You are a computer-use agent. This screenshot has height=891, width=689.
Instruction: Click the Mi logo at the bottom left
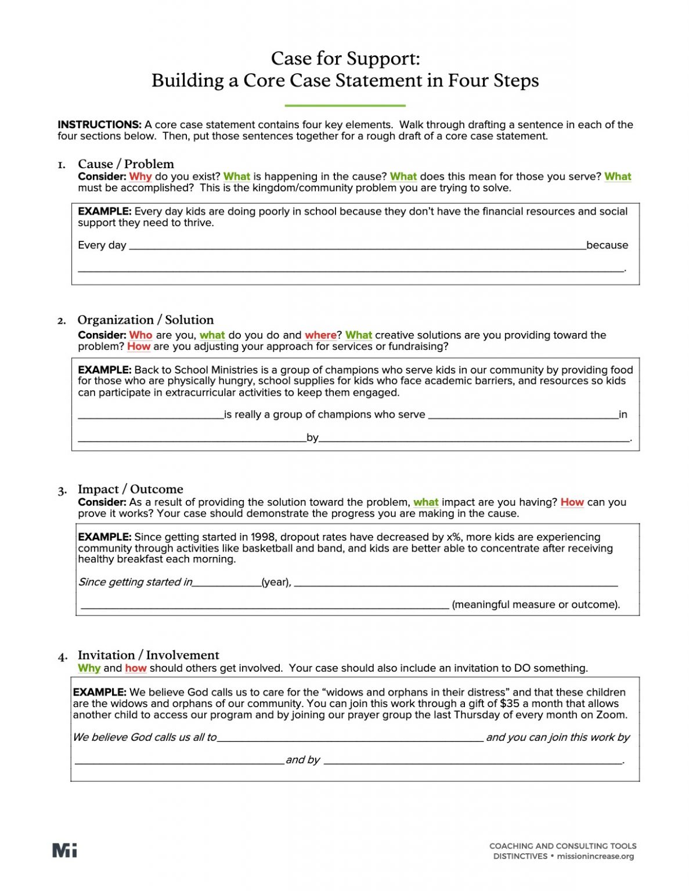coord(64,850)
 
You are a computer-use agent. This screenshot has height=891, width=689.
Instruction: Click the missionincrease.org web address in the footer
coord(595,856)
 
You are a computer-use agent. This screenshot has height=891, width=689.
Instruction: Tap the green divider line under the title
coord(345,106)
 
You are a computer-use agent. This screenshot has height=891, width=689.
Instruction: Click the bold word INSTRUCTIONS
coord(99,125)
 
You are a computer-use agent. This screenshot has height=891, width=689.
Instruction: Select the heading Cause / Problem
coord(125,164)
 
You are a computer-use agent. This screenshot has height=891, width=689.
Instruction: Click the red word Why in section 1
coord(140,176)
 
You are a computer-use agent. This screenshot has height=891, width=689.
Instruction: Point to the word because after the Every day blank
coord(607,245)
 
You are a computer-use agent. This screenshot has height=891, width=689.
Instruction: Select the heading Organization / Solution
coord(145,320)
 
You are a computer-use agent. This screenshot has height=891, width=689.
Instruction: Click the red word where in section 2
coord(320,335)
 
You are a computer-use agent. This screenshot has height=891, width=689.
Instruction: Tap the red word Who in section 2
coord(140,335)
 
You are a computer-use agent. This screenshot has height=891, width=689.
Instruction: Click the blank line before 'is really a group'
coord(150,415)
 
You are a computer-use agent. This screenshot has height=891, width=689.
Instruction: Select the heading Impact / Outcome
coord(130,489)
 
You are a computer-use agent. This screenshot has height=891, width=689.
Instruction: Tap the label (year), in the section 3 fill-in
coord(276,582)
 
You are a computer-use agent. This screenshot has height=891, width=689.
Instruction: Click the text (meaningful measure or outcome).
coord(535,604)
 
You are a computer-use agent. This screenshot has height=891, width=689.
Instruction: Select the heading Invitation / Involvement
coord(148,655)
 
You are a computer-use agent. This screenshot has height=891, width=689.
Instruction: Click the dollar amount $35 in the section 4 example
coord(509,704)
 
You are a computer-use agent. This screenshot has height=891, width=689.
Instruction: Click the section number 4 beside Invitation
coord(62,657)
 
